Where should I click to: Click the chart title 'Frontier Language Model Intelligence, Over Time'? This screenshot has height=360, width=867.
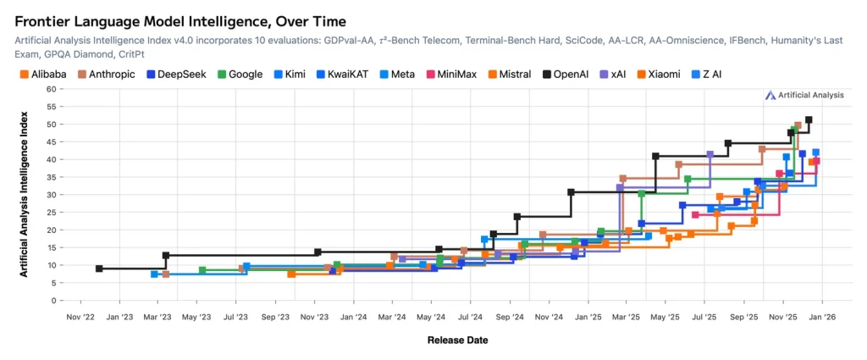point(179,19)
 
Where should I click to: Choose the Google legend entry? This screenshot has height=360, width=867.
point(240,75)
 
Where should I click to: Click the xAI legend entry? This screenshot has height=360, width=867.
point(615,75)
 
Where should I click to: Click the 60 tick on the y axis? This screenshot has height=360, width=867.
point(52,89)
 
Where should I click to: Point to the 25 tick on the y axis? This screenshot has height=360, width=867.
point(52,213)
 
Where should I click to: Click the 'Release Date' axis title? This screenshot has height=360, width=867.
point(456,341)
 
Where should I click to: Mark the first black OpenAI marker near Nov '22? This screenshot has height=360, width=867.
point(99,269)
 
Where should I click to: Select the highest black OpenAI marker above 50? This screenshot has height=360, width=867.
point(809,120)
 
